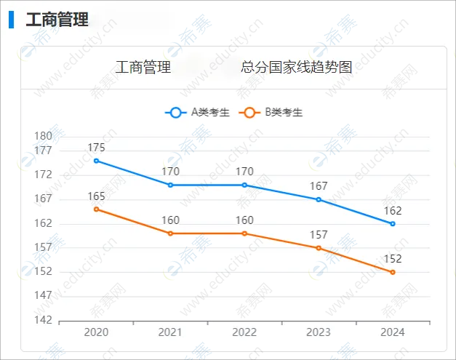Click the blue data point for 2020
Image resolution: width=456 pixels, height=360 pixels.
click(96, 161)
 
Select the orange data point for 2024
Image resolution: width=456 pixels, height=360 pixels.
click(392, 272)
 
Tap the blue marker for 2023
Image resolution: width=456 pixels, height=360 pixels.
click(318, 199)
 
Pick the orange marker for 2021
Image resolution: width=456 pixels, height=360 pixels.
click(170, 233)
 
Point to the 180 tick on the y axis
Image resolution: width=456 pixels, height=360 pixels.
click(43, 136)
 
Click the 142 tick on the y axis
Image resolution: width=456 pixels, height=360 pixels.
click(43, 320)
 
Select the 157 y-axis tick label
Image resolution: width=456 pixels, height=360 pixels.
click(43, 247)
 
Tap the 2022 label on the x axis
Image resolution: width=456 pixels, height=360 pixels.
click(244, 332)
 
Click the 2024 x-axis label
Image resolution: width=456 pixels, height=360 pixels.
click(392, 332)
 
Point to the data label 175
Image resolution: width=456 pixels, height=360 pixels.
click(96, 148)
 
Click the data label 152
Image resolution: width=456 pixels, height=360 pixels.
click(392, 259)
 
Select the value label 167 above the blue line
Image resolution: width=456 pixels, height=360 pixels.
click(318, 186)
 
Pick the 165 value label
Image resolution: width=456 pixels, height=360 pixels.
click(96, 196)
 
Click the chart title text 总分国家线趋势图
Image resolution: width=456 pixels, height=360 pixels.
click(297, 68)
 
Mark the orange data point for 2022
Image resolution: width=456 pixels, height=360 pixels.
click(244, 233)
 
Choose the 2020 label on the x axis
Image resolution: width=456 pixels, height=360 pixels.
click(96, 332)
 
